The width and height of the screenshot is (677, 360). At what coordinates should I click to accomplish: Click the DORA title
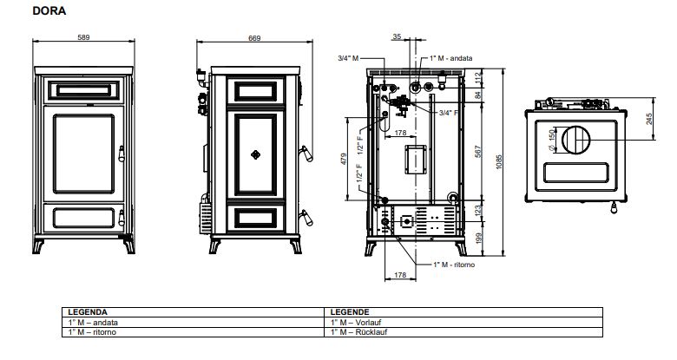click(49, 10)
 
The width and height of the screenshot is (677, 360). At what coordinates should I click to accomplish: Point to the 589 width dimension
click(83, 37)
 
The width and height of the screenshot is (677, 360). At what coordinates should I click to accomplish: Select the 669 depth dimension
click(254, 38)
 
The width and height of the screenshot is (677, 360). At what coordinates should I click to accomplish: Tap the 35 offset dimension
click(397, 36)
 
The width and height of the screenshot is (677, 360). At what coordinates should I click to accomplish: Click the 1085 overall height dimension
click(499, 162)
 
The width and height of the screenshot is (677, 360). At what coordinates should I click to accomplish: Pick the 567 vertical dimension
click(478, 152)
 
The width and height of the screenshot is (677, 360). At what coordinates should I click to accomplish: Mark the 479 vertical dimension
click(344, 159)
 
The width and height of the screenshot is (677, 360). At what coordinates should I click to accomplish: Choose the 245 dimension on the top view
click(649, 119)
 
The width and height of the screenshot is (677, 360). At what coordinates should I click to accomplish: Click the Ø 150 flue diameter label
click(551, 140)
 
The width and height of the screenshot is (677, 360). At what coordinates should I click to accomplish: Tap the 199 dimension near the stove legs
click(478, 238)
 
